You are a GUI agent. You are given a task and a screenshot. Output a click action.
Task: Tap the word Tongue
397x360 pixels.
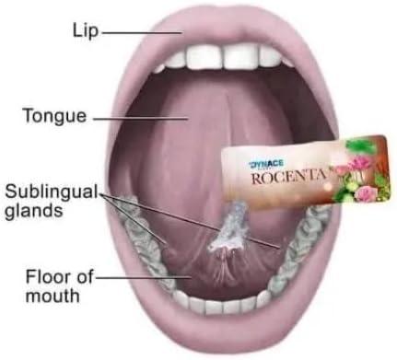(x=56, y=117)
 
